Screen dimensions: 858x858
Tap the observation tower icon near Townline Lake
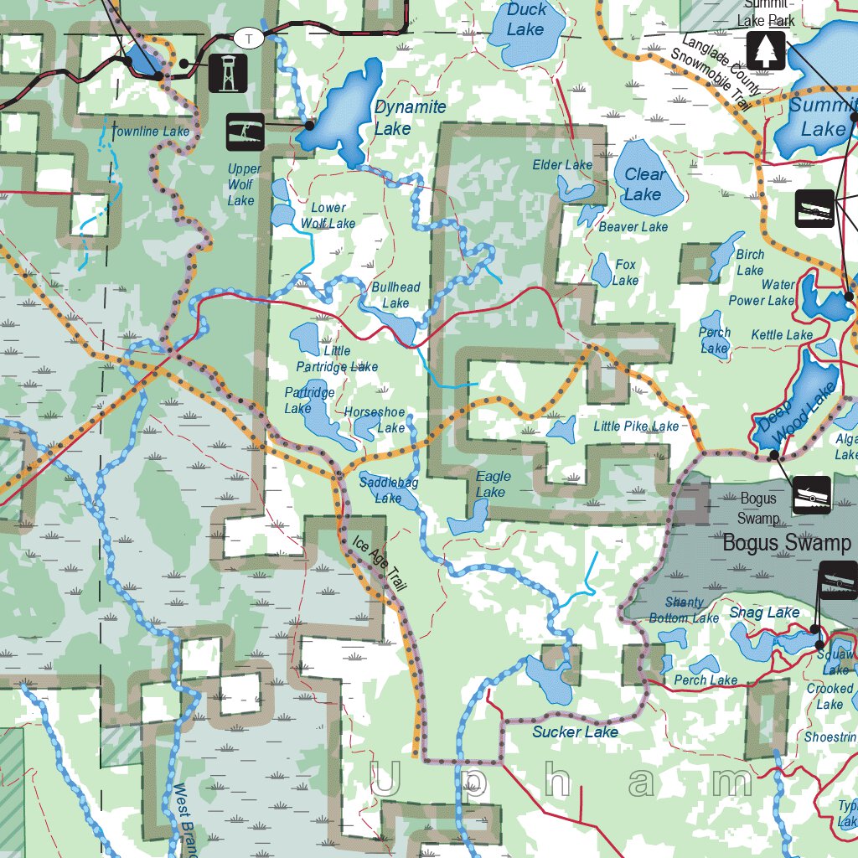point(226,73)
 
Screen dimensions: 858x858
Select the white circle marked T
point(248,38)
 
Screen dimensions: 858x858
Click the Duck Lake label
point(526,19)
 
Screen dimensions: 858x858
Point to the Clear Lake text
point(643,184)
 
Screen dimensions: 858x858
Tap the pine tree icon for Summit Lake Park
point(766,50)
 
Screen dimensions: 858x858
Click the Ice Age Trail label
point(379,565)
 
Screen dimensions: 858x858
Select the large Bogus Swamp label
point(786,542)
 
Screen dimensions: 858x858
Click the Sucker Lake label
point(575,731)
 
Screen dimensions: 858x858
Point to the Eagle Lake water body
point(463,522)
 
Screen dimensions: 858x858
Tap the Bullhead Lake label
point(395,295)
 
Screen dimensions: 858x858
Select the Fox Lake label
point(625,272)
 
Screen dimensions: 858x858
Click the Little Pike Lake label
point(636,426)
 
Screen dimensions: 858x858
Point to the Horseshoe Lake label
point(375,420)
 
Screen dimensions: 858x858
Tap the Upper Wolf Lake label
point(243,184)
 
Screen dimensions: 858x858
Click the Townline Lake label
point(150,132)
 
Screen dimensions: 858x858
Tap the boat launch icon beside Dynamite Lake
point(246,132)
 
